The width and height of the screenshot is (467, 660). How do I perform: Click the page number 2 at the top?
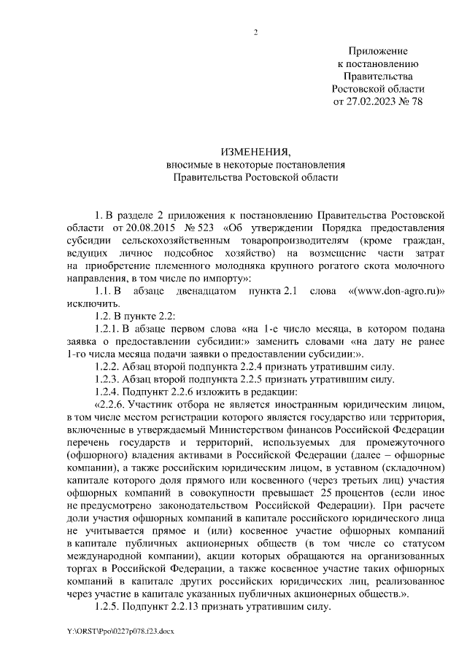pyautogui.click(x=255, y=32)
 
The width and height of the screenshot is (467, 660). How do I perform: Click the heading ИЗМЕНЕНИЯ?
pyautogui.click(x=255, y=152)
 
